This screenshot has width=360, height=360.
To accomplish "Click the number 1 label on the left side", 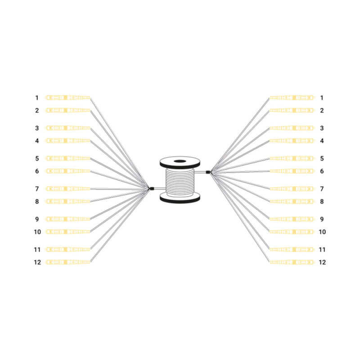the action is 37,98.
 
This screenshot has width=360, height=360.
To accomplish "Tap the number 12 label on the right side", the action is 322,262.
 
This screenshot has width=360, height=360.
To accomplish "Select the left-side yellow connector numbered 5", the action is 68,158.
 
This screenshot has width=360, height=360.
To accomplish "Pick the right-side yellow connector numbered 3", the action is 292,128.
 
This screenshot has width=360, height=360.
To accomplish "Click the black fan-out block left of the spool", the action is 152,189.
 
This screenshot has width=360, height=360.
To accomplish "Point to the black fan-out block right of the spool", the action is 208,172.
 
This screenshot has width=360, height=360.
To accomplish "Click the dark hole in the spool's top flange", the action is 180,161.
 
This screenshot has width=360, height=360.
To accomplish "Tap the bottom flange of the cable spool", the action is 180,198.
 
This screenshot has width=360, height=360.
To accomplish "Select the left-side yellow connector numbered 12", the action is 68,262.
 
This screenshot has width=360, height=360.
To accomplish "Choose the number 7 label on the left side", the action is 37,189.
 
